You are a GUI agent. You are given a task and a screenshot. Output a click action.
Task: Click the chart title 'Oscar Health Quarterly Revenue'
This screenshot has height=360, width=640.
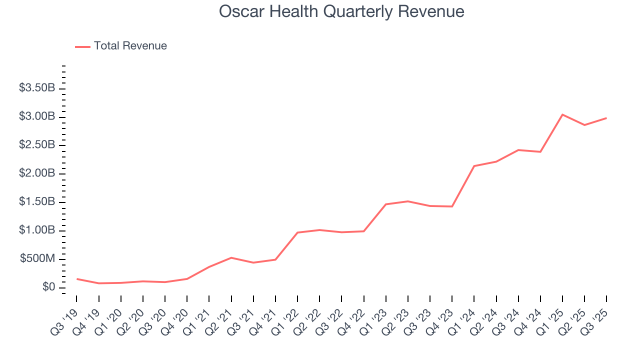341,11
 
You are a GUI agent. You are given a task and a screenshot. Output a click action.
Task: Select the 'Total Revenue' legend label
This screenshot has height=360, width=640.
130,46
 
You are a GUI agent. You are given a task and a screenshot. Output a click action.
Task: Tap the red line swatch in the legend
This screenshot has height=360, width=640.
82,46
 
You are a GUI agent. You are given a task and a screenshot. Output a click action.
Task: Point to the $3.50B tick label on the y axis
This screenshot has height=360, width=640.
37,88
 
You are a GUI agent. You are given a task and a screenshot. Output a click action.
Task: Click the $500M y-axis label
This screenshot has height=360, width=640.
37,258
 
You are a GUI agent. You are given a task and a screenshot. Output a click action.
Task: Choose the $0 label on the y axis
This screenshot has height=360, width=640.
48,287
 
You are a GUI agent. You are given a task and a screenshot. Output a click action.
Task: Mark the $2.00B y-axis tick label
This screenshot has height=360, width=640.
37,173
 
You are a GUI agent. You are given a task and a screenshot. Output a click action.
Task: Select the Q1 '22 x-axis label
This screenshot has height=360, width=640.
286,314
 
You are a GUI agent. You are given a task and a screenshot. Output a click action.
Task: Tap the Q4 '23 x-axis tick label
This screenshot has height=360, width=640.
440,314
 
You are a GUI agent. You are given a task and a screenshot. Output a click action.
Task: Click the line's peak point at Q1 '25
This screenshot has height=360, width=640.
562,114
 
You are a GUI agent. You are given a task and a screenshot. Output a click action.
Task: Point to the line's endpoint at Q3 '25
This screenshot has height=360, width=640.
606,118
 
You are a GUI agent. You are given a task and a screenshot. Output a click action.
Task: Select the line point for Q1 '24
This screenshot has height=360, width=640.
474,166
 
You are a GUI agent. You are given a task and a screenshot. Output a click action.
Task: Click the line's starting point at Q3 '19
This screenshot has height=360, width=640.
76,279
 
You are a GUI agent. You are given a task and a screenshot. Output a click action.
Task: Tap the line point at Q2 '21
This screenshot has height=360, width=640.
231,257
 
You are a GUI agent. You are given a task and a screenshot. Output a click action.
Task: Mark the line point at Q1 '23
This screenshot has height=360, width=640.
386,204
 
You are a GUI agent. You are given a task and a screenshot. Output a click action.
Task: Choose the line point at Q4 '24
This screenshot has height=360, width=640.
540,151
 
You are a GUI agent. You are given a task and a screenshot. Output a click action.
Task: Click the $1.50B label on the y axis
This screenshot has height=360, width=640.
37,201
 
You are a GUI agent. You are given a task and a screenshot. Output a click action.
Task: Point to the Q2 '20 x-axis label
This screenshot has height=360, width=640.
131,314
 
